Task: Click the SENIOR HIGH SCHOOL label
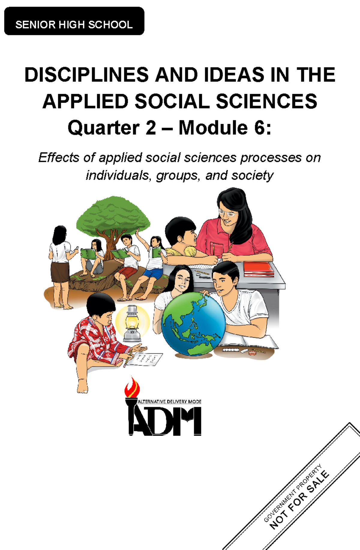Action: (74, 24)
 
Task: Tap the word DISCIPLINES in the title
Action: (86, 75)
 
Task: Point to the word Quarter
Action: (103, 128)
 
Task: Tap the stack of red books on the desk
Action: (258, 269)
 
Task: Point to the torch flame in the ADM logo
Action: (132, 387)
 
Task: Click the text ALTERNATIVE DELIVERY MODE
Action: (169, 402)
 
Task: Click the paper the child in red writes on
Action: (148, 359)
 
